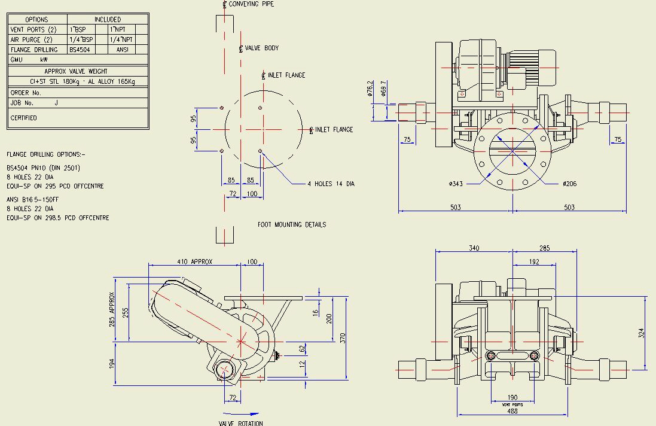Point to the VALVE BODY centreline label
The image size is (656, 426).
(261, 48)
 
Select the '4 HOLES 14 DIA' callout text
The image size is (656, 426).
(331, 184)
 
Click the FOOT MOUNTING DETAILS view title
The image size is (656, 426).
(292, 225)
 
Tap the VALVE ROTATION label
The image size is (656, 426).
(240, 423)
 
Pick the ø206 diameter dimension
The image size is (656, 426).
(569, 184)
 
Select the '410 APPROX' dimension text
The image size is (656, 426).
(194, 262)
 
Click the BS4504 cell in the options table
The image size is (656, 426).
(80, 50)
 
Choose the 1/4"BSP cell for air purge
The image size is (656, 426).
(81, 39)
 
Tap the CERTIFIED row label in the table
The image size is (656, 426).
(24, 118)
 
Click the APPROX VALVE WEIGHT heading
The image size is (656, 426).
(76, 71)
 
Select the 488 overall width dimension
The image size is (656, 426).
(512, 411)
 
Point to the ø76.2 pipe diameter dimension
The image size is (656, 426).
(370, 89)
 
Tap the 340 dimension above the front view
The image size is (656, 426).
(474, 247)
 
